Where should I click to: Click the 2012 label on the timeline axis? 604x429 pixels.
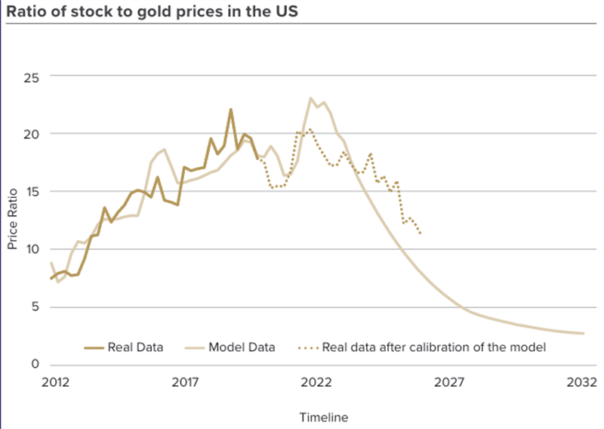point(55,383)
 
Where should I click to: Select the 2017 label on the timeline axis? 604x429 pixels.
point(186,383)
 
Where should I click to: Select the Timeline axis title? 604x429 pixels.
point(324,417)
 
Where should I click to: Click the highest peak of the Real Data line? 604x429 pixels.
point(231,110)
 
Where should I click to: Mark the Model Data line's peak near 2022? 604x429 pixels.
point(310,98)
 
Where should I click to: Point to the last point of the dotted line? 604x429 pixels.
point(421,233)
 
